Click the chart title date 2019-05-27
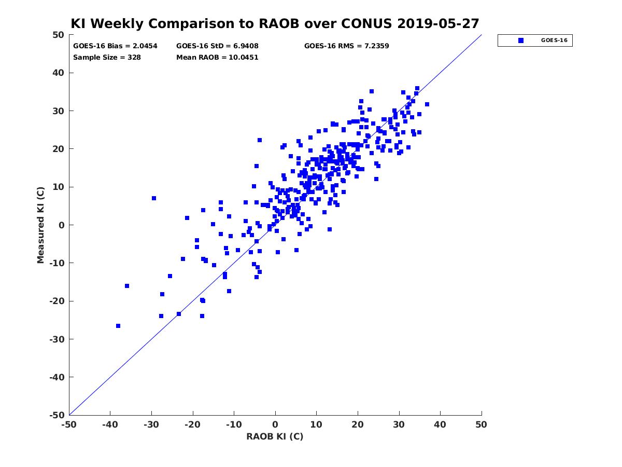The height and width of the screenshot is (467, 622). (x=438, y=23)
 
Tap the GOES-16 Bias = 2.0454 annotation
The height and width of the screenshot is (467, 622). (x=115, y=46)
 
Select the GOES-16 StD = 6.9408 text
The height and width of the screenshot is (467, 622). (x=217, y=46)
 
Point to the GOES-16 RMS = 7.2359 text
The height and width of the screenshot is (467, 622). (x=346, y=46)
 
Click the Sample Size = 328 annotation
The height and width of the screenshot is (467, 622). (x=107, y=58)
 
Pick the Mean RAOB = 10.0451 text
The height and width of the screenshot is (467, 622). (x=217, y=58)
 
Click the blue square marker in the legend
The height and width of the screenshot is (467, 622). (x=520, y=40)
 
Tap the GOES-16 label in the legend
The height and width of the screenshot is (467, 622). (x=554, y=40)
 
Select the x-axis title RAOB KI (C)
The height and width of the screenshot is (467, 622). (x=275, y=436)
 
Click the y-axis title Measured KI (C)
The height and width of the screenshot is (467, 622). (x=40, y=225)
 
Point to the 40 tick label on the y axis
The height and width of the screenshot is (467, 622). (x=59, y=73)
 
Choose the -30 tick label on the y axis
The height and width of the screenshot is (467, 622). (x=56, y=339)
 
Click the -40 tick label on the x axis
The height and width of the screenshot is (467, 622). (x=110, y=424)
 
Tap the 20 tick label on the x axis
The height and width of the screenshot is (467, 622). (x=358, y=424)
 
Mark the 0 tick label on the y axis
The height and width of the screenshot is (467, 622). (x=62, y=225)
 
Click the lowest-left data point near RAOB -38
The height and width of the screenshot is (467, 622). (x=118, y=326)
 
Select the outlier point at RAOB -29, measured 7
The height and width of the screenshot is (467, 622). (x=154, y=198)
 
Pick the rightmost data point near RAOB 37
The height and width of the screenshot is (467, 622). (x=427, y=104)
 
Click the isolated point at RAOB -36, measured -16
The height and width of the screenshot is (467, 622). (x=127, y=286)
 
